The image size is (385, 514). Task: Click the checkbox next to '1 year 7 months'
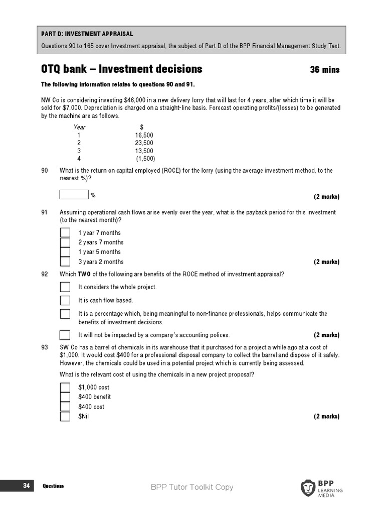click(x=65, y=232)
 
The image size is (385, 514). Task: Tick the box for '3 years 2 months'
click(x=65, y=262)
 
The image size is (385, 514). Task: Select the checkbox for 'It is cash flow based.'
click(x=65, y=300)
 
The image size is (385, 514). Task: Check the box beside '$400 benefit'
click(x=65, y=397)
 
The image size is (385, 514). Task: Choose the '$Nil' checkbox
click(x=65, y=416)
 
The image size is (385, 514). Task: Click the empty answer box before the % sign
click(x=74, y=195)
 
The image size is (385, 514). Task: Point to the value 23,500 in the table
click(x=144, y=143)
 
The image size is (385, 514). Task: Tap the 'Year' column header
click(x=79, y=127)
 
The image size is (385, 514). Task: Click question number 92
click(x=45, y=274)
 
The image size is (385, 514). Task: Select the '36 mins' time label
click(x=325, y=70)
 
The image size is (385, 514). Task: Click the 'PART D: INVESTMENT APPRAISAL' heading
click(x=87, y=34)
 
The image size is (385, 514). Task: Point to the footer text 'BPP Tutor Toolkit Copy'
click(x=192, y=487)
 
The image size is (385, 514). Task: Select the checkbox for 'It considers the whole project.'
click(x=65, y=287)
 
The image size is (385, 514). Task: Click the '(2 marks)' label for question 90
click(x=326, y=196)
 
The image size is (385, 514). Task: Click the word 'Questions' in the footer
click(x=53, y=486)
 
